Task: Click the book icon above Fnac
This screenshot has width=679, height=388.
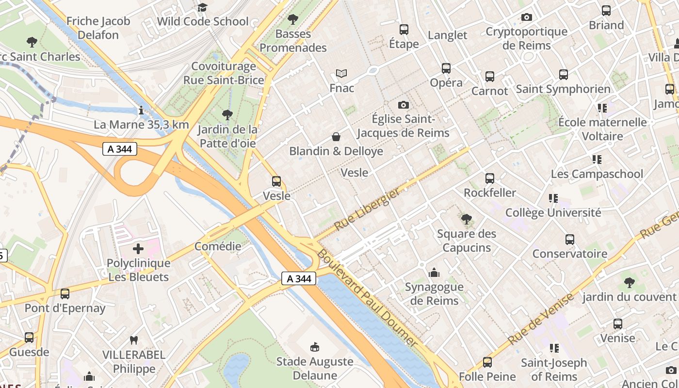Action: click(341, 74)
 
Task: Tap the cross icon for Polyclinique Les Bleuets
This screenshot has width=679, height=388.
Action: click(138, 249)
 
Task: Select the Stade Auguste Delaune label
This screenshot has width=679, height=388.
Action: click(314, 368)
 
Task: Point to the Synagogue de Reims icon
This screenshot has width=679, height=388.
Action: click(434, 273)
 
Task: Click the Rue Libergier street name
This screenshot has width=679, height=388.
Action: click(368, 209)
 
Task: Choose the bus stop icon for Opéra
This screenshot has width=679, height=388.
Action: click(446, 68)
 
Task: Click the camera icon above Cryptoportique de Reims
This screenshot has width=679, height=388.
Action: click(527, 17)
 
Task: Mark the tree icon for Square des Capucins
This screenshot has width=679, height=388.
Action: click(467, 219)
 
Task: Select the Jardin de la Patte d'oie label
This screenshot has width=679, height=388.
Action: click(228, 137)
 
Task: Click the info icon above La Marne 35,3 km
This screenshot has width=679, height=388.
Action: click(141, 111)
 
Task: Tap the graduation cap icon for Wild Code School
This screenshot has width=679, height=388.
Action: click(202, 7)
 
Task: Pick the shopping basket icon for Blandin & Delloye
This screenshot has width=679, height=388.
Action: click(336, 137)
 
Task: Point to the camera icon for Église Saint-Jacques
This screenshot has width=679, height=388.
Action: click(403, 105)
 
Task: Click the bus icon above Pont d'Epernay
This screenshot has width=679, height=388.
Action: click(65, 293)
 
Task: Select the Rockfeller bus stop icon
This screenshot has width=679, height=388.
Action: click(490, 178)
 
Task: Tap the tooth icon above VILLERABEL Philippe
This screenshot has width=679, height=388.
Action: click(134, 340)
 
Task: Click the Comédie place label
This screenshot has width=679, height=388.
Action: click(218, 246)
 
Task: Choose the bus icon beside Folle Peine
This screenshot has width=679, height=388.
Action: click(487, 362)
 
